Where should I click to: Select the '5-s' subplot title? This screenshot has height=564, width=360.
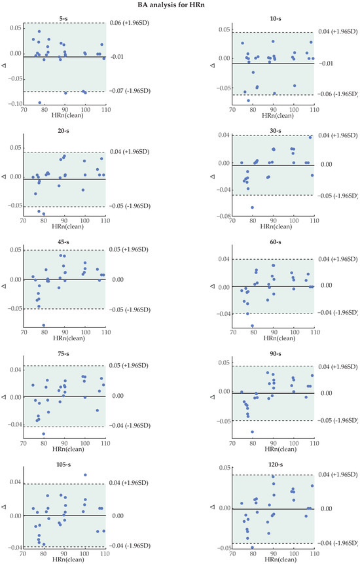pyautogui.click(x=63, y=18)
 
